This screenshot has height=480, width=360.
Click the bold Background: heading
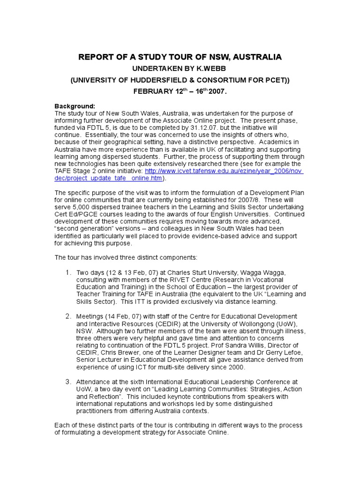[75, 106]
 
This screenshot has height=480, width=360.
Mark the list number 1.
[68, 272]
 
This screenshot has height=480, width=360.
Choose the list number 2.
[68, 316]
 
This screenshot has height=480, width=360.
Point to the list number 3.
[68, 382]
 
